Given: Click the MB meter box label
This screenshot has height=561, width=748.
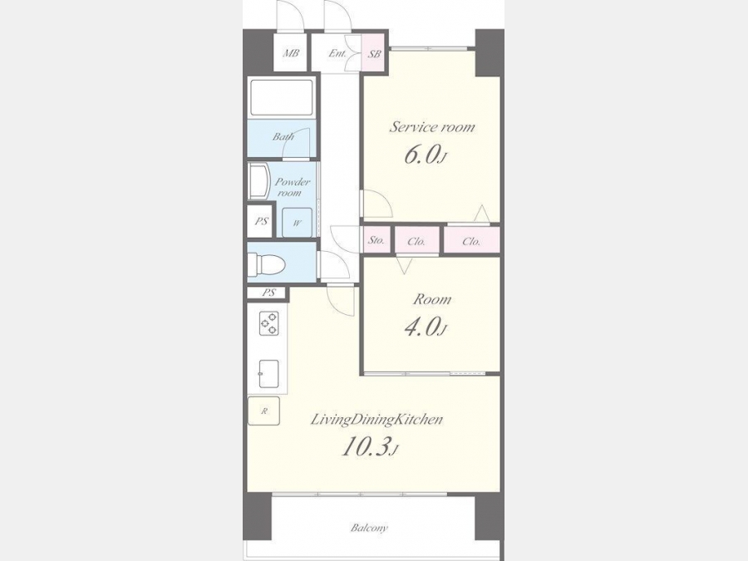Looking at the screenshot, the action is point(291,53).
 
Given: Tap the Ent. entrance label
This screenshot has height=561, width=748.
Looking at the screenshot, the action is point(337,53).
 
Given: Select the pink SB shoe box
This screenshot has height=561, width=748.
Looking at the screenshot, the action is point(375,53).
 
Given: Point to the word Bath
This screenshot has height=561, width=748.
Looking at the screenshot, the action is point(283,137).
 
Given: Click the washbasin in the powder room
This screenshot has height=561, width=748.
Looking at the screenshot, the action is point(258,182).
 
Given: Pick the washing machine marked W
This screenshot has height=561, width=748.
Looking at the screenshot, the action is point(297,222).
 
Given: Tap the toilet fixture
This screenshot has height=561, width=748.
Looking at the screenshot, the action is point(266,263).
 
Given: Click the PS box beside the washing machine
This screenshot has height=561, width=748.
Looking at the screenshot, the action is point(260,221).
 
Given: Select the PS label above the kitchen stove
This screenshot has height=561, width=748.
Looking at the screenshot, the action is point(269,293).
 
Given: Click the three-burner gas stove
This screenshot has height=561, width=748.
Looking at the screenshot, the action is point(268,323).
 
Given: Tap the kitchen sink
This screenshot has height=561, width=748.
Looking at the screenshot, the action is point(268,374).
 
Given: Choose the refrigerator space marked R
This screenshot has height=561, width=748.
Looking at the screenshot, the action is point(263,411).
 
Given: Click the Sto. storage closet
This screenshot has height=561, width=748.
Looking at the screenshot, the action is point(376,240).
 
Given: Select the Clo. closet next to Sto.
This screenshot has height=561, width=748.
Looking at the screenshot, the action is point(416,241).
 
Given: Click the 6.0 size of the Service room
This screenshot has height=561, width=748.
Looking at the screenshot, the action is point(425,155).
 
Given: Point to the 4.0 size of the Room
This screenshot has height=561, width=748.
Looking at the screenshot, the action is point(425,327).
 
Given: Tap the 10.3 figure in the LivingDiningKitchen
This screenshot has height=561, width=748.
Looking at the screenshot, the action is point(369,446).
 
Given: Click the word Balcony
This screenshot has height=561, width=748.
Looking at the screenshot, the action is point(369,528).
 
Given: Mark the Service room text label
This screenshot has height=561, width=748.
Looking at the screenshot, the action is point(433,127).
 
